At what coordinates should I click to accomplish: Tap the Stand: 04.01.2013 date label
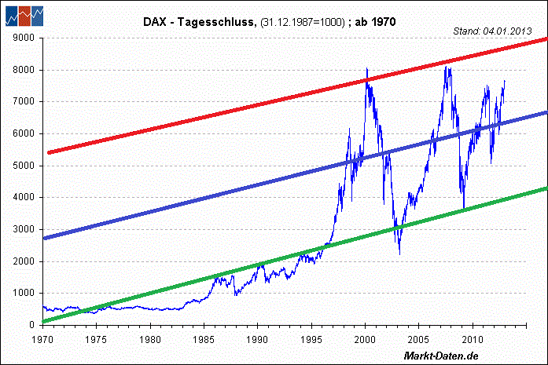(493, 31)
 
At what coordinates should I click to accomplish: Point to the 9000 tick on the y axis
(24, 38)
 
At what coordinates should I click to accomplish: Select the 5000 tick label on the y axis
(24, 166)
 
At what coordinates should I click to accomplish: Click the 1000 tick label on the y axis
(24, 293)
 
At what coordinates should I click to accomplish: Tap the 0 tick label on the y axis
(33, 325)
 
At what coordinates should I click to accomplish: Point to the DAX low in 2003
(399, 253)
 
